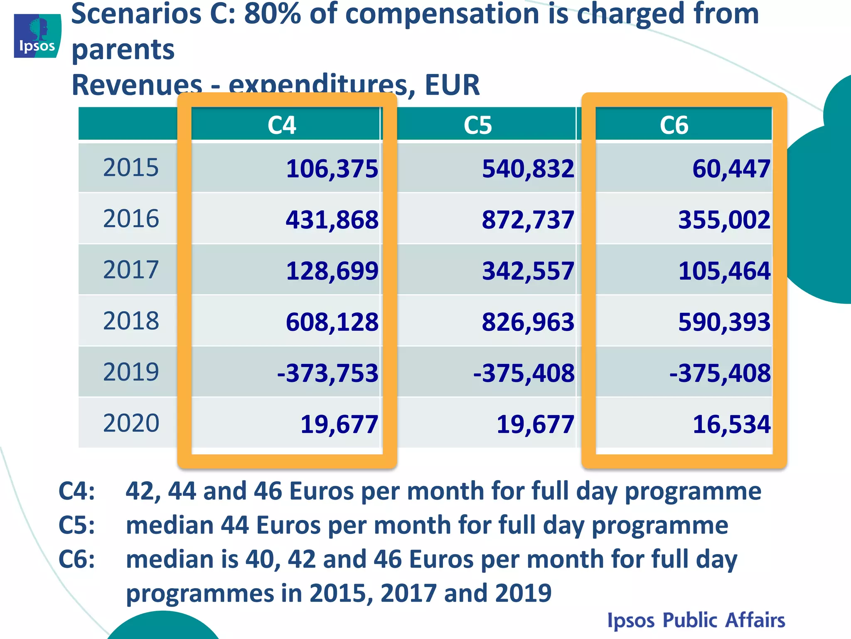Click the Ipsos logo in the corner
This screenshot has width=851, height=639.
pos(37,36)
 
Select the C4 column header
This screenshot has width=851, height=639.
pos(282,125)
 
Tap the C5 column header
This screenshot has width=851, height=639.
pos(478,125)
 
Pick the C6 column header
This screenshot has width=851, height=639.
pos(674,125)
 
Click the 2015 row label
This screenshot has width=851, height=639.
pos(131,168)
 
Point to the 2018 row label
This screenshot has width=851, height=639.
pos(131,321)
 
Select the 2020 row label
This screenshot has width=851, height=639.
pos(131,423)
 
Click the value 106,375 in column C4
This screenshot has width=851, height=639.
pos(332,169)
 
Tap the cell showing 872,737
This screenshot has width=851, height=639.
pos(528,220)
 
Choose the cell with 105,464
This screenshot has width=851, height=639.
pos(724,271)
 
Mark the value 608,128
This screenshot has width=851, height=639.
pos(332,322)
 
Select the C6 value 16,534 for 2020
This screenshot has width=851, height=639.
pos(731,424)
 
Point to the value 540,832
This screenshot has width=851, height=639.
pos(528,169)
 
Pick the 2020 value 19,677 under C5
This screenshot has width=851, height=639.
pos(535,424)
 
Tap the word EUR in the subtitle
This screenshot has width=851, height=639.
pos(452,85)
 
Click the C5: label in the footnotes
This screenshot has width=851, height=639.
pos(77,525)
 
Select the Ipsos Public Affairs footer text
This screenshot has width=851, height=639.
pos(696,620)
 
